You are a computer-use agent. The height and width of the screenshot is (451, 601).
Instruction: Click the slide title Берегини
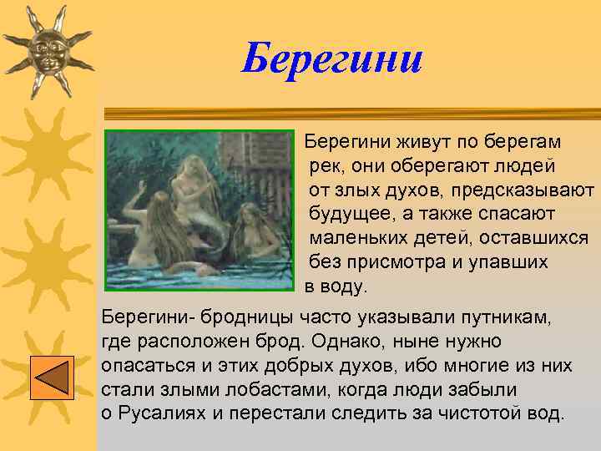tap(332, 59)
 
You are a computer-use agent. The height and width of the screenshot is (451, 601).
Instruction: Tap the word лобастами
tap(238, 389)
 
